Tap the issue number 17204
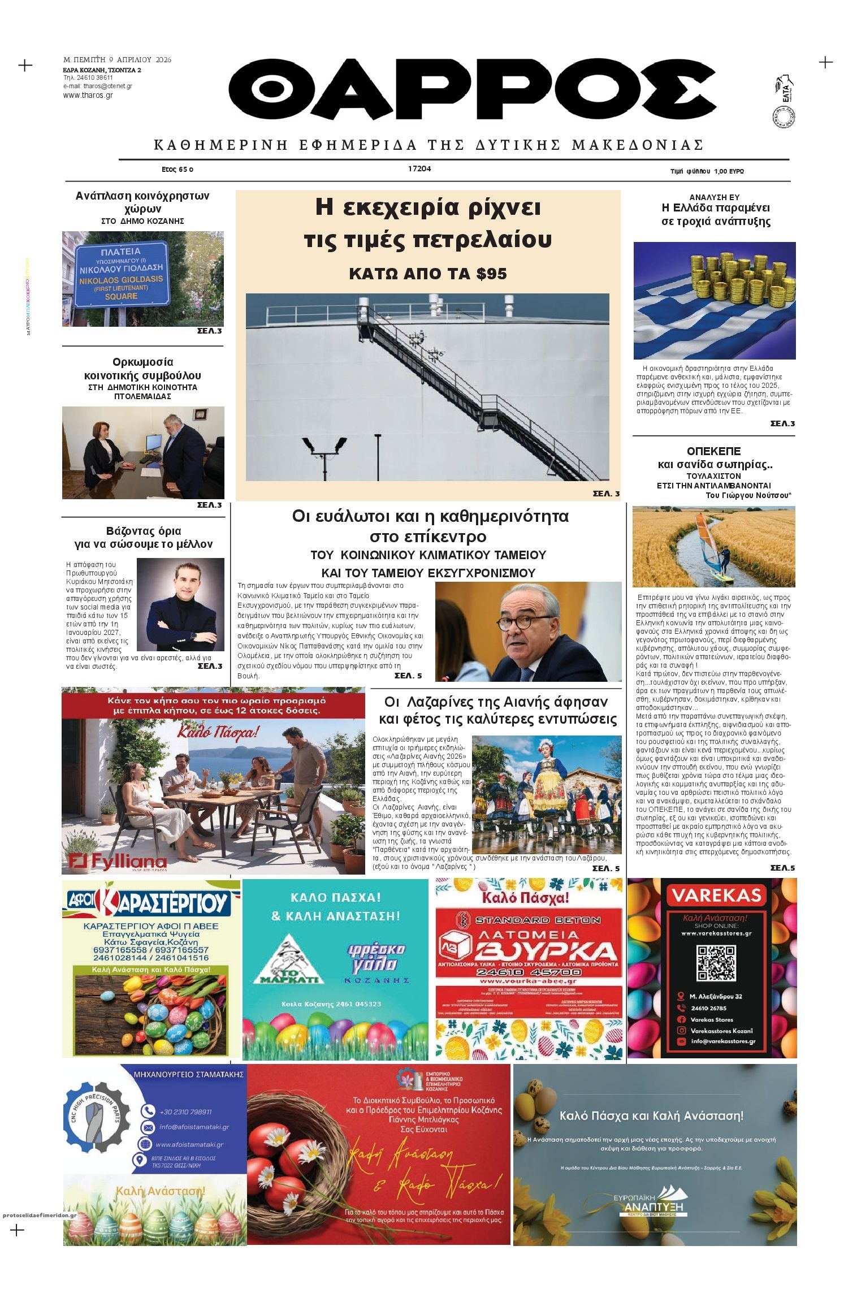[x=419, y=168]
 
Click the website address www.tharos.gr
[x=88, y=95]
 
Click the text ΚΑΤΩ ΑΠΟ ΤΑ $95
[x=428, y=274]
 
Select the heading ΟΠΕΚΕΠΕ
[x=713, y=451]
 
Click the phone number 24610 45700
[x=529, y=972]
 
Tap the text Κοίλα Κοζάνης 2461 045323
[x=331, y=1003]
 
